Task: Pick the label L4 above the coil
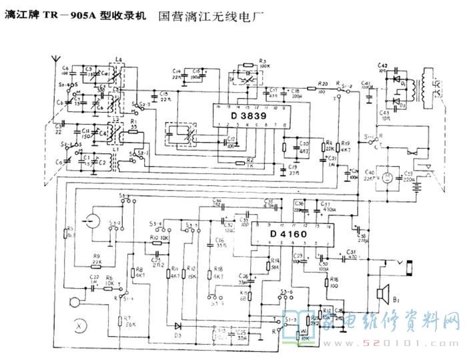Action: click(x=119, y=60)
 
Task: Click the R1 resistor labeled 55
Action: click(x=134, y=129)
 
